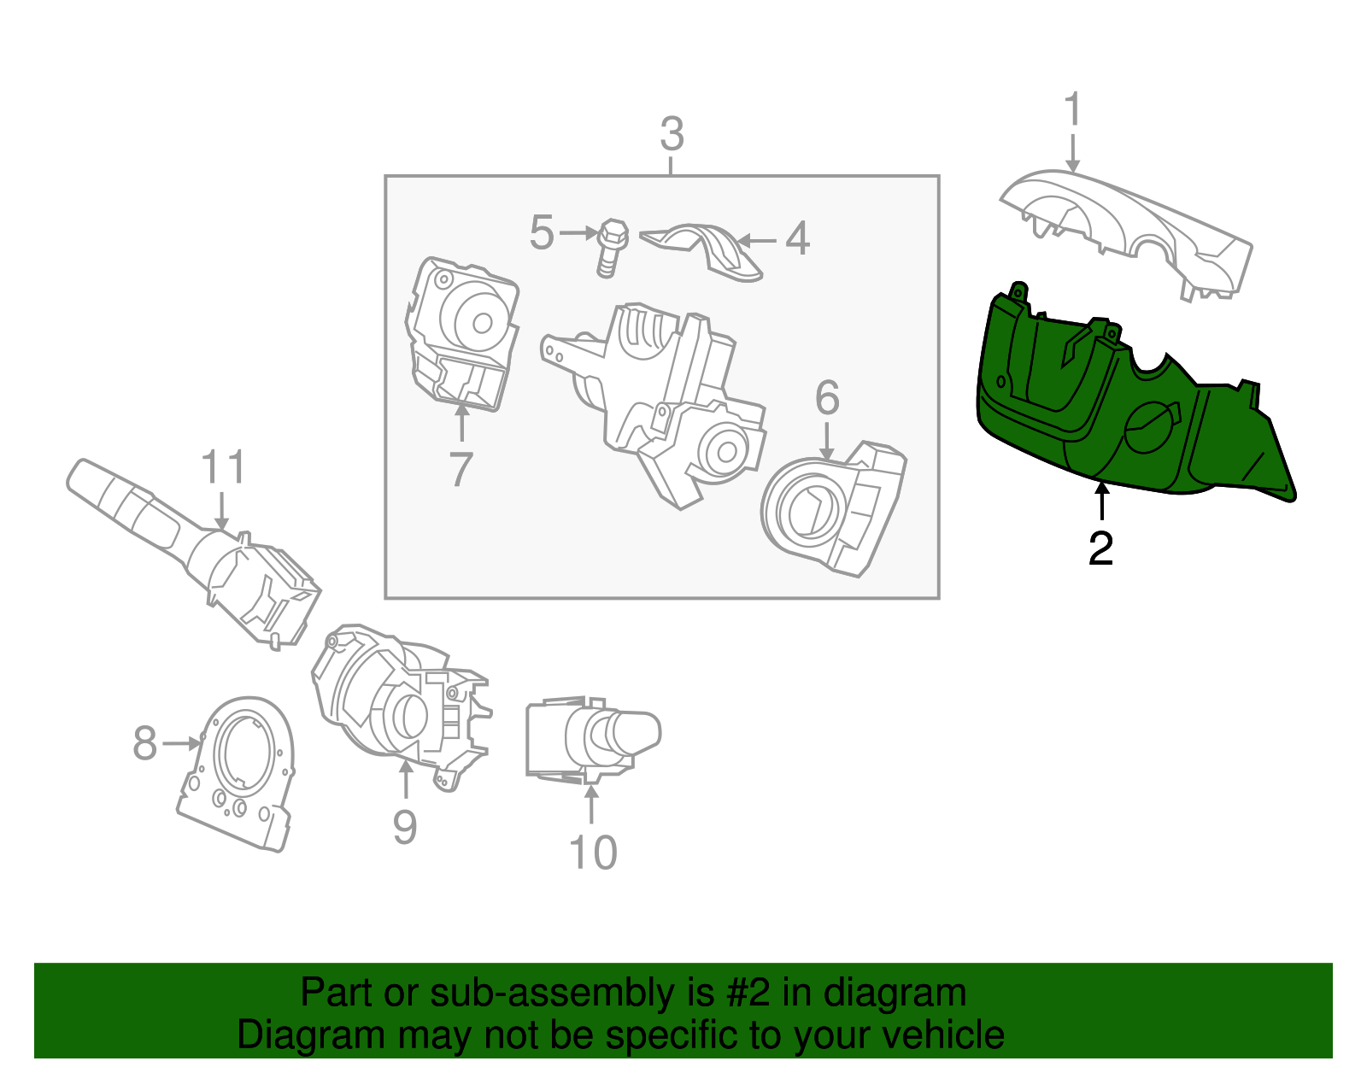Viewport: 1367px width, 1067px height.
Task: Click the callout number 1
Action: pos(1073,111)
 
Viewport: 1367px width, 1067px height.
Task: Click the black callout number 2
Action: pos(1100,548)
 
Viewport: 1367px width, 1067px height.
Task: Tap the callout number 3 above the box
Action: pos(672,135)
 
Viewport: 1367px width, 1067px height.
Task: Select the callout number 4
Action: pos(797,239)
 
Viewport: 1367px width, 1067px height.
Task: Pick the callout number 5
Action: pos(542,233)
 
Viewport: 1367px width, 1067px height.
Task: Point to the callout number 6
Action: pos(827,398)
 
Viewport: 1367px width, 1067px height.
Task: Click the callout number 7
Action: pos(461,469)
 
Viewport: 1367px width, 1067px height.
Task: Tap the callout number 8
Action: pos(145,743)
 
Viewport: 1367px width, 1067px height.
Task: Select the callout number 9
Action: pos(405,827)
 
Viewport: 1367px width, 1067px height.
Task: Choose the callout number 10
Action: pos(592,853)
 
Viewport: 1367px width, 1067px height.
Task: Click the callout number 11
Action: pos(223,468)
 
